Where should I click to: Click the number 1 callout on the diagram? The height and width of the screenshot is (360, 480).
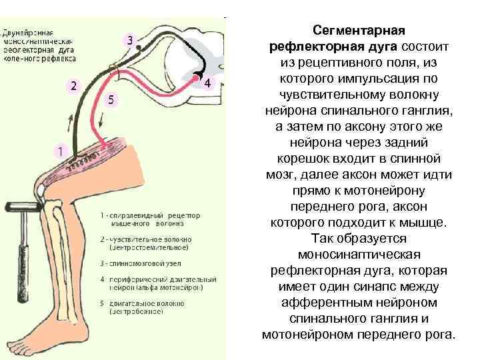click(x=60, y=151)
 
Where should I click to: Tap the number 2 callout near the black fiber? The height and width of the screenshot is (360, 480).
click(x=73, y=86)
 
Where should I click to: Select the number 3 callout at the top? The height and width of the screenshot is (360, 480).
click(x=131, y=41)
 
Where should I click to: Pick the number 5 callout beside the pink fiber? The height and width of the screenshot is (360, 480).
click(x=111, y=99)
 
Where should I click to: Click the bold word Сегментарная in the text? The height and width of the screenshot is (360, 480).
click(x=360, y=31)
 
